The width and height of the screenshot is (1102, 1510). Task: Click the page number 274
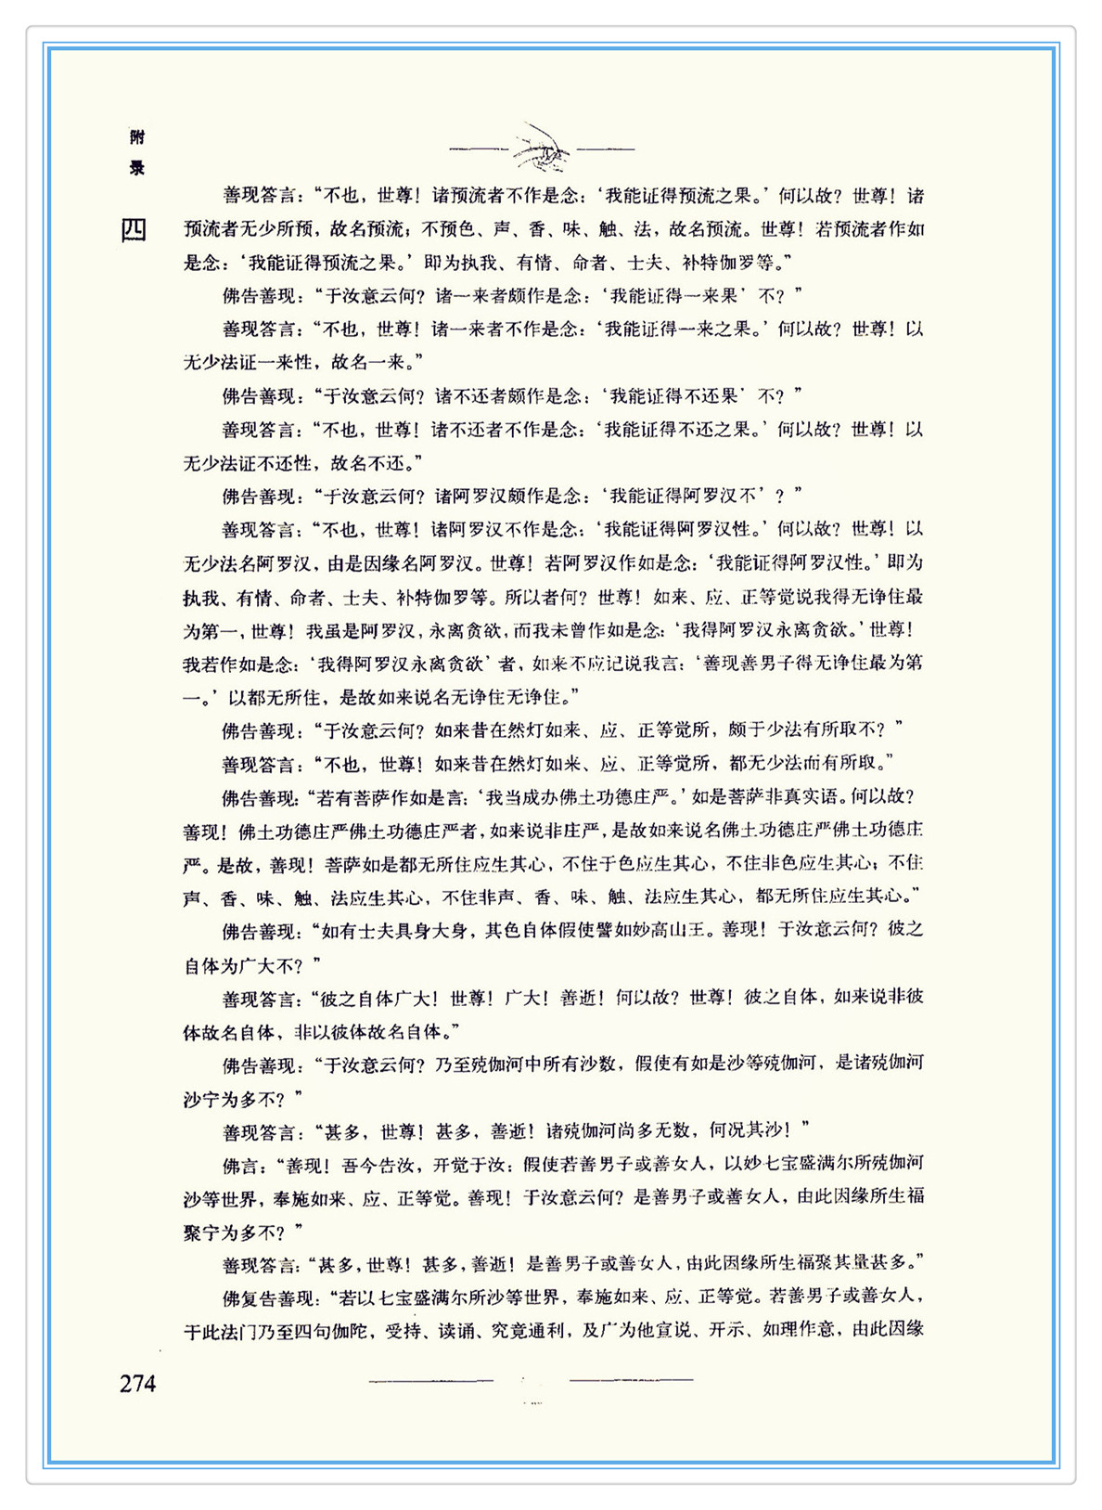point(138,1383)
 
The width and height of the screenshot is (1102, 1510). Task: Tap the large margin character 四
point(134,229)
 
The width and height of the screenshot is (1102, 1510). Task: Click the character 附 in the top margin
point(137,137)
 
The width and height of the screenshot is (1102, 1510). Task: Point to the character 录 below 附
point(137,168)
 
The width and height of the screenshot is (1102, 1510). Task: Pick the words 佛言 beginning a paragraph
point(241,1164)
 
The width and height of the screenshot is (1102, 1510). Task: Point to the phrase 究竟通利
point(528,1330)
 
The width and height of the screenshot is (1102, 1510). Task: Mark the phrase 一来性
point(285,362)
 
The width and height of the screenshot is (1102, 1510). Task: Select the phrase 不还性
point(285,462)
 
